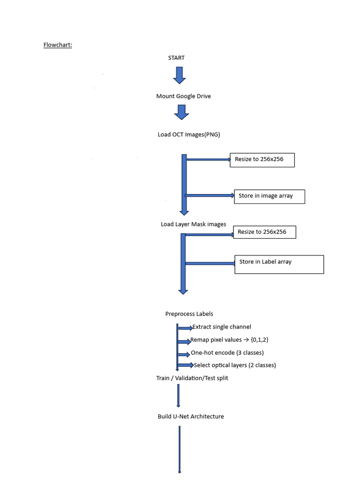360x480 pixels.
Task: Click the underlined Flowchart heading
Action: [58, 45]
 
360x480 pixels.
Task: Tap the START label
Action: [176, 58]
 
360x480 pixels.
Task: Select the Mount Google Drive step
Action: [183, 96]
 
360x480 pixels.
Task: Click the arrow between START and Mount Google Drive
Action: [180, 75]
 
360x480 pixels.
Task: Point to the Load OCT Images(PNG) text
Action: [189, 135]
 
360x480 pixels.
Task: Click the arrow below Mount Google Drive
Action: [181, 112]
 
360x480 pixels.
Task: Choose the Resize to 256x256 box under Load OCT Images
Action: [262, 160]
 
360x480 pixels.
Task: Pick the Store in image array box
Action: [270, 196]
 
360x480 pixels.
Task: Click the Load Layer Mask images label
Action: [194, 225]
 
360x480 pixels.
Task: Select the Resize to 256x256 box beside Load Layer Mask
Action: [264, 232]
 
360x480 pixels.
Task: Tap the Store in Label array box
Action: [279, 264]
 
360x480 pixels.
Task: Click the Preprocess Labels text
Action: [189, 314]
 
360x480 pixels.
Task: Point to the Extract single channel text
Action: [222, 327]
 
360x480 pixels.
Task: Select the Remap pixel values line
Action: [229, 340]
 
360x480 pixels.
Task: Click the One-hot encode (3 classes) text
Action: [227, 352]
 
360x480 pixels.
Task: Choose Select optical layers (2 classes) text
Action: [235, 365]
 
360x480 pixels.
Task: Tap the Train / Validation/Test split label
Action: [192, 378]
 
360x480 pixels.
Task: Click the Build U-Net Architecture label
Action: [191, 417]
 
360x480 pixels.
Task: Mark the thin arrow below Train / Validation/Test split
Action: [179, 396]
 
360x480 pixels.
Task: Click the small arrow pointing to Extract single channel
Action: [186, 328]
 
